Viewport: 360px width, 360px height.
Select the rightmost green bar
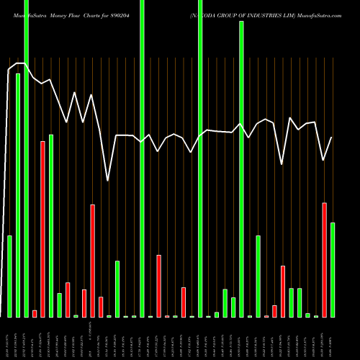333,270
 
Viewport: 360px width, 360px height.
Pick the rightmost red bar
324,260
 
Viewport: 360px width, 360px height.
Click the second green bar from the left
18,195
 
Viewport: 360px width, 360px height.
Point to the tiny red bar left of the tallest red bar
35,313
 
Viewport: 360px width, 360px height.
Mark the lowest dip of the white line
108,180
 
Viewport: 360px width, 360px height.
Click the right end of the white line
332,138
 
